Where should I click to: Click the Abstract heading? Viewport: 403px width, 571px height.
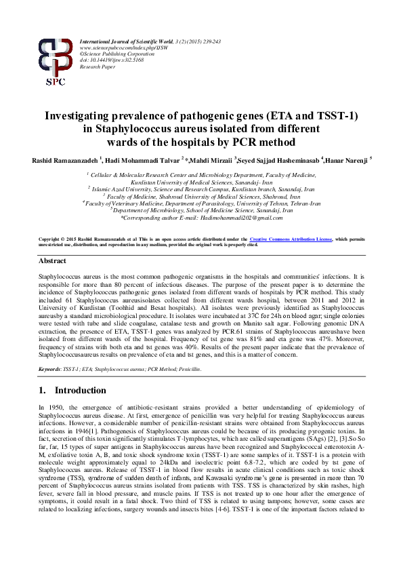coord(52,260)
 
